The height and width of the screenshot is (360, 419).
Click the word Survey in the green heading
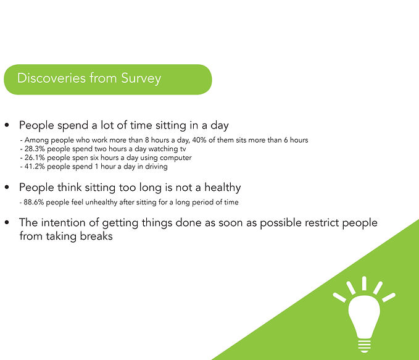click(x=141, y=78)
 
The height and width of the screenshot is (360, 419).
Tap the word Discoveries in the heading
click(x=52, y=78)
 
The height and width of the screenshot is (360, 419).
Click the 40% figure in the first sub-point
click(x=199, y=140)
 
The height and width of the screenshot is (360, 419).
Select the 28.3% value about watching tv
click(x=35, y=149)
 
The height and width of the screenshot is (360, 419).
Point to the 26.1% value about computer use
click(x=35, y=157)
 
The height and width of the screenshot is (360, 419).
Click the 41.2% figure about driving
click(x=35, y=166)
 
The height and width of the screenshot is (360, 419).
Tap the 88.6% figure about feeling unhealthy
click(x=34, y=202)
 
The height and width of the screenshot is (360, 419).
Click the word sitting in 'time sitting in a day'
click(x=171, y=125)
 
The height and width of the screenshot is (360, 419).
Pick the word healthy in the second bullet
click(x=223, y=188)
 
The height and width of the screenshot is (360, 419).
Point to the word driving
click(x=156, y=167)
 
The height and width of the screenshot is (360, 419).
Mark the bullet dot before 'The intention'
click(x=7, y=222)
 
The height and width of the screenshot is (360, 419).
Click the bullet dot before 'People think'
click(x=7, y=187)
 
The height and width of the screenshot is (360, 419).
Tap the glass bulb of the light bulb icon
click(x=364, y=316)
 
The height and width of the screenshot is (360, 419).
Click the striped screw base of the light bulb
click(x=364, y=346)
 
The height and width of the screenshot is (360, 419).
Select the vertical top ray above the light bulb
click(x=364, y=283)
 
